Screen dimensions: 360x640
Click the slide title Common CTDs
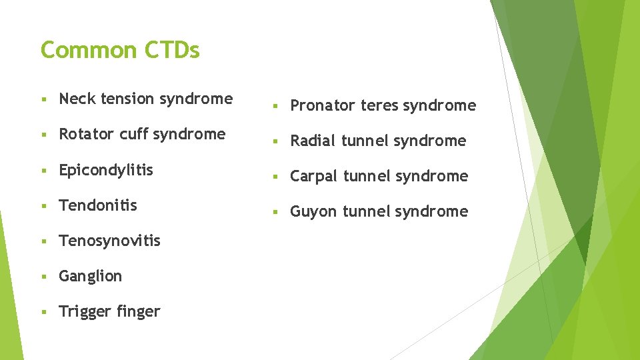coord(120,50)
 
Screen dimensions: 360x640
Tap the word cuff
coord(134,134)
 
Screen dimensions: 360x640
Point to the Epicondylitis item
coord(106,170)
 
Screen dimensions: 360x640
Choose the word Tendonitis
coord(98,205)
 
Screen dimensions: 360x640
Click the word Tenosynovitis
coord(109,241)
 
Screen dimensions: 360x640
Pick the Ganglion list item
coord(90,277)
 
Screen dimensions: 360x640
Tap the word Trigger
coord(84,312)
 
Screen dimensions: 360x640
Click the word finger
coord(138,311)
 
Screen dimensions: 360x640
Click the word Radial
coord(313,141)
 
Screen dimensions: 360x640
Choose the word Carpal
coord(314,177)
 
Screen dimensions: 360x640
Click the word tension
coord(123,99)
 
